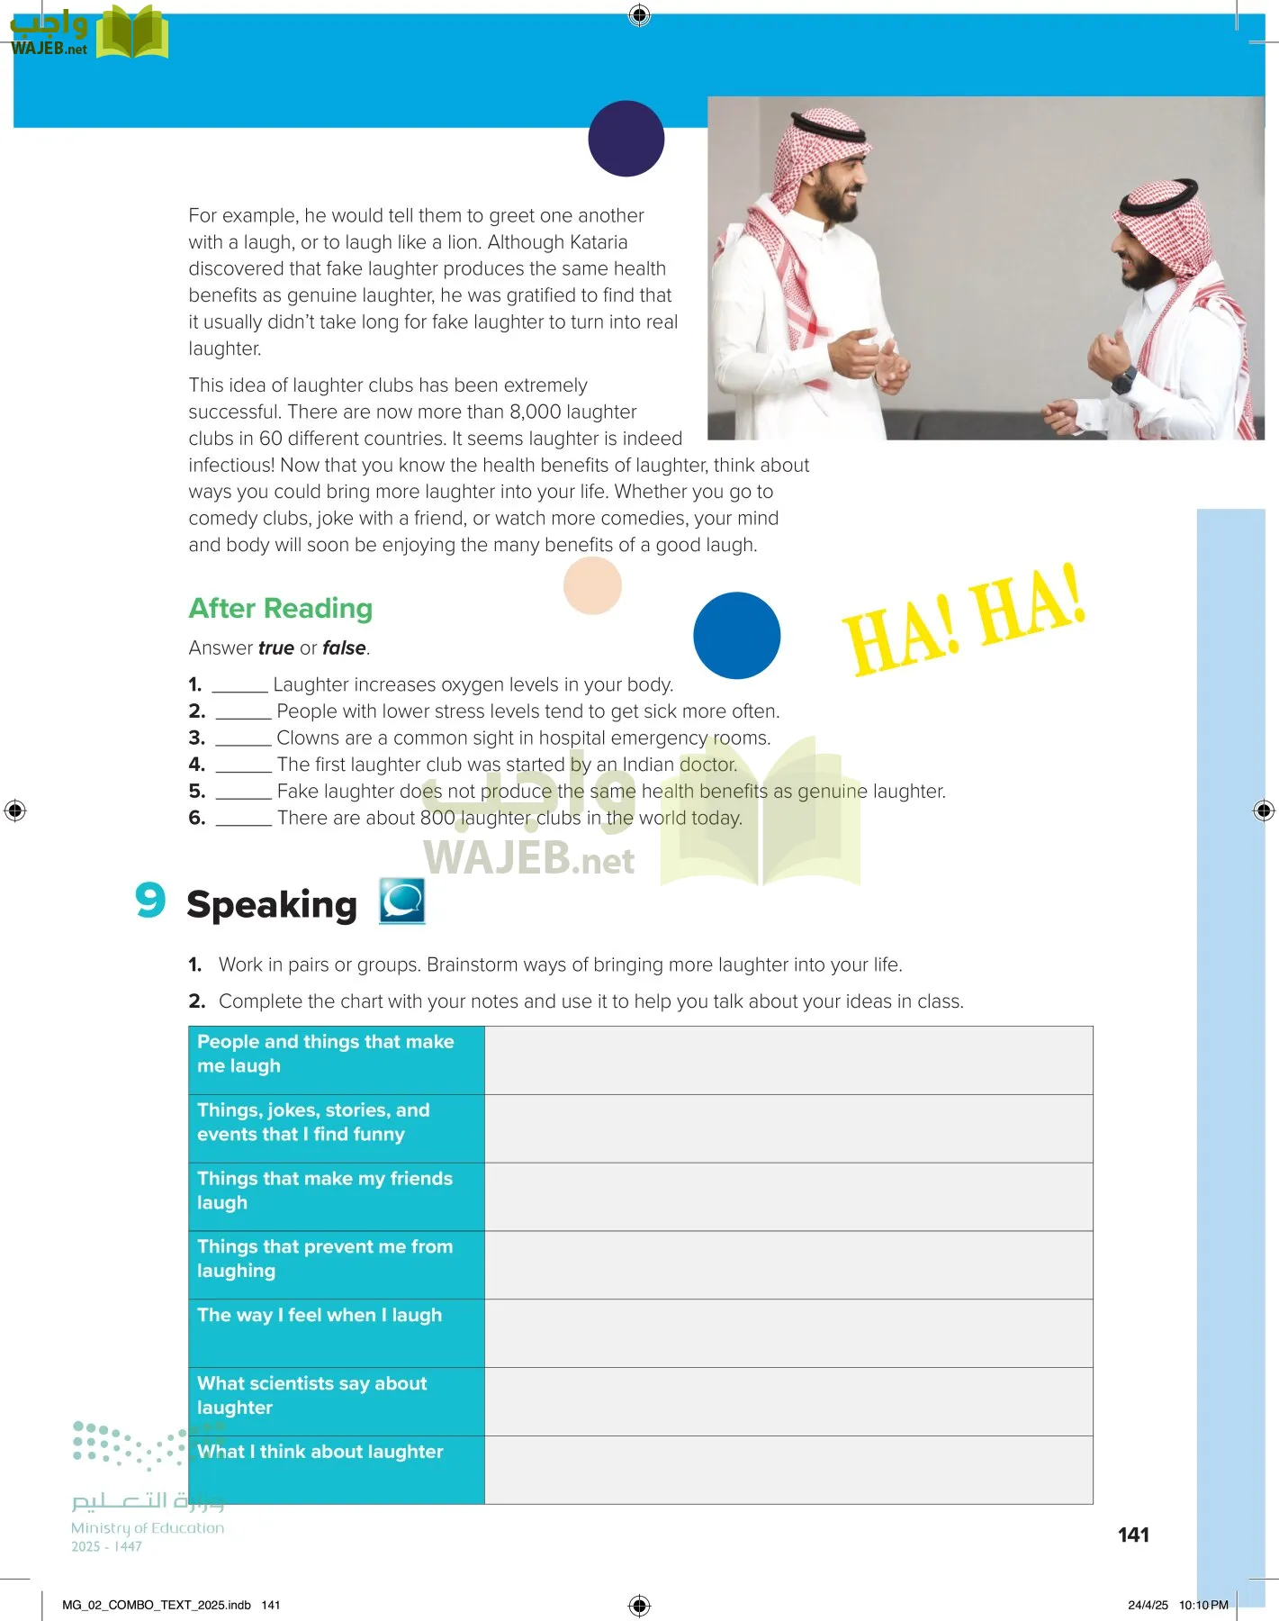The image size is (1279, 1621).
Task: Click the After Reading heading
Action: pyautogui.click(x=280, y=609)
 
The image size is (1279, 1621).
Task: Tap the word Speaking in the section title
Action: pyautogui.click(x=272, y=905)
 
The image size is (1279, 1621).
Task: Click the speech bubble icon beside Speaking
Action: pyautogui.click(x=401, y=901)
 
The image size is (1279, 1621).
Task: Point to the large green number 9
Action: pyautogui.click(x=150, y=900)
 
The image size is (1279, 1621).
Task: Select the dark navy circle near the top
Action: pyautogui.click(x=626, y=139)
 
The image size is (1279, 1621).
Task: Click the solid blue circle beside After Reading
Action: pyautogui.click(x=736, y=635)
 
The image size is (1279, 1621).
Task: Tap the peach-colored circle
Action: pyautogui.click(x=592, y=585)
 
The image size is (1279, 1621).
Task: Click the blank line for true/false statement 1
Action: pyautogui.click(x=239, y=686)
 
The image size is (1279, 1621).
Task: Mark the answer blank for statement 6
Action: pyautogui.click(x=243, y=820)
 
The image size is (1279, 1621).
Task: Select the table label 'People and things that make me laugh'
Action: pyautogui.click(x=326, y=1054)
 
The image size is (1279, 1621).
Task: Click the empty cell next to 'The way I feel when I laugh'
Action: pyautogui.click(x=788, y=1333)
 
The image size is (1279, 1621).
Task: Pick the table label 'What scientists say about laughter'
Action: pyautogui.click(x=312, y=1395)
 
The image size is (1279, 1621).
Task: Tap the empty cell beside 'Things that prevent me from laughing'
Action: pyautogui.click(x=788, y=1264)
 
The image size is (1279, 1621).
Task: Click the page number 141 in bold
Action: pyautogui.click(x=1133, y=1535)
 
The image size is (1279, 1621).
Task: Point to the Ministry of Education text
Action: pyautogui.click(x=148, y=1527)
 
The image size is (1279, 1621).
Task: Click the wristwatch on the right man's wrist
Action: pyautogui.click(x=1122, y=379)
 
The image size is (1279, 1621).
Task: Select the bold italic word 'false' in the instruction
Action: pyautogui.click(x=344, y=648)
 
